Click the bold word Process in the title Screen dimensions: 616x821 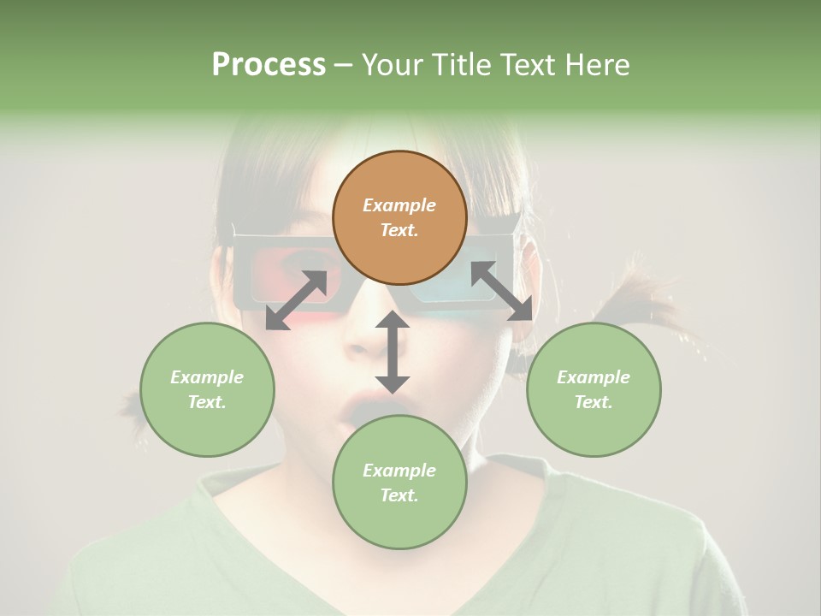coord(269,65)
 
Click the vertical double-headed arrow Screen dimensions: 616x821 coord(393,352)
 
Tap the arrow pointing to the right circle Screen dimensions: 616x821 coord(502,291)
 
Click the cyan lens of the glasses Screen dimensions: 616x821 coord(445,287)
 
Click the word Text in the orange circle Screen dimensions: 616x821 coord(399,231)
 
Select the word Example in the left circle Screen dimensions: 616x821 coord(207,377)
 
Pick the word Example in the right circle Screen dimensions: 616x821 coord(594,377)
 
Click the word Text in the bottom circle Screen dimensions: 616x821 coord(399,495)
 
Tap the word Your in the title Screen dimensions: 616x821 coord(389,65)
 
